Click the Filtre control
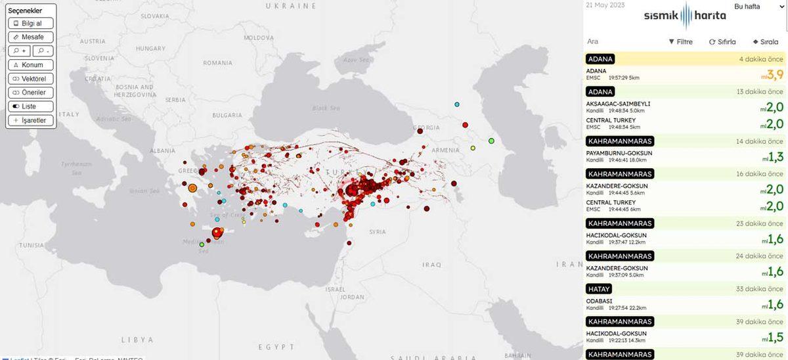(680, 41)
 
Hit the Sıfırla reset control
(722, 41)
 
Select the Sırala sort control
(765, 41)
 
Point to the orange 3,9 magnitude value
(772, 75)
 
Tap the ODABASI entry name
(598, 301)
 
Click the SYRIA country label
(377, 232)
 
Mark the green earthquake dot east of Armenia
(491, 141)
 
